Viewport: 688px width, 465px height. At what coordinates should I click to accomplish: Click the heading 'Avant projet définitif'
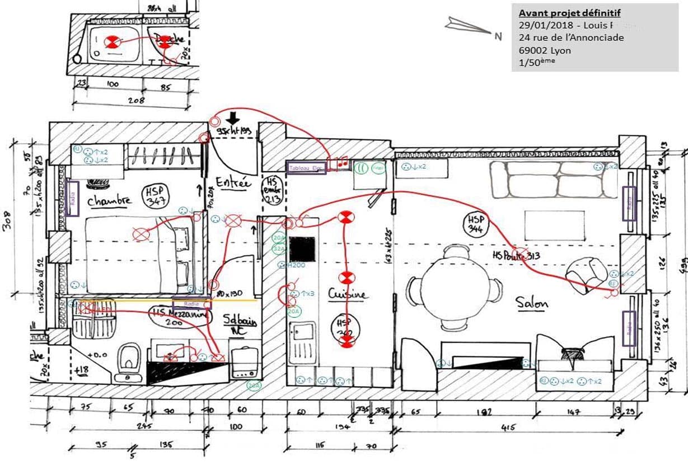569,13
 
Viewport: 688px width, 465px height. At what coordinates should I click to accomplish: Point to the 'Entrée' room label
232,182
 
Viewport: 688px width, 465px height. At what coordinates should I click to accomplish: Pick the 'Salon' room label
532,303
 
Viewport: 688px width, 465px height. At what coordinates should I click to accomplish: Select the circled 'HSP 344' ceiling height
476,224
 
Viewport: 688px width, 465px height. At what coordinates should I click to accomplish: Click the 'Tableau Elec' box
306,168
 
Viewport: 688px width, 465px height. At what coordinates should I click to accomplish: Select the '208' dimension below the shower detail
135,101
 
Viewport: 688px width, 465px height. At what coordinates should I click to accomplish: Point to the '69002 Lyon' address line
545,50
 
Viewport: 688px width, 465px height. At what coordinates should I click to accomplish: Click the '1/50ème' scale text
537,62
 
